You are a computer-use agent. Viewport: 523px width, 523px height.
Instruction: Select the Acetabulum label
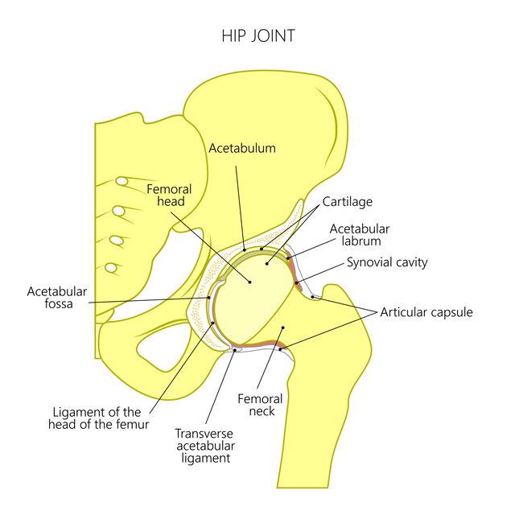click(x=242, y=148)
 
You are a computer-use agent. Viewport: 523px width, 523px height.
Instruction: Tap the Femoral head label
click(x=169, y=196)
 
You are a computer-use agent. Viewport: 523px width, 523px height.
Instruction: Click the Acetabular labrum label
click(x=360, y=234)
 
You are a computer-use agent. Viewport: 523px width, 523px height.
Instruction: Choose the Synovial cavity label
click(x=387, y=262)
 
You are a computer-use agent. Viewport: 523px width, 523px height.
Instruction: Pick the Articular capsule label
click(x=426, y=312)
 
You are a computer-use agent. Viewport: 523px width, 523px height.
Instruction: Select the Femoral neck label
click(x=261, y=405)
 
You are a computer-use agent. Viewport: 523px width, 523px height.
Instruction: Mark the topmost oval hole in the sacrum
click(x=122, y=181)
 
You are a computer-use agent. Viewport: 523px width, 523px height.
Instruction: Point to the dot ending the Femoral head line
click(x=250, y=282)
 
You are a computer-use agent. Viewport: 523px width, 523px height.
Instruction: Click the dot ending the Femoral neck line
click(x=282, y=327)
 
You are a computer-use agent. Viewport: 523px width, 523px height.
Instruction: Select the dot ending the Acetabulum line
click(x=244, y=249)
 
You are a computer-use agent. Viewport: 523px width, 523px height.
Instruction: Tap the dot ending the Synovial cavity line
click(x=295, y=282)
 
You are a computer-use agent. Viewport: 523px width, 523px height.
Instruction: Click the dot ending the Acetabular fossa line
click(x=210, y=297)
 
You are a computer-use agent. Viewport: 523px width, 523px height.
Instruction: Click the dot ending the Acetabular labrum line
click(x=287, y=258)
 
